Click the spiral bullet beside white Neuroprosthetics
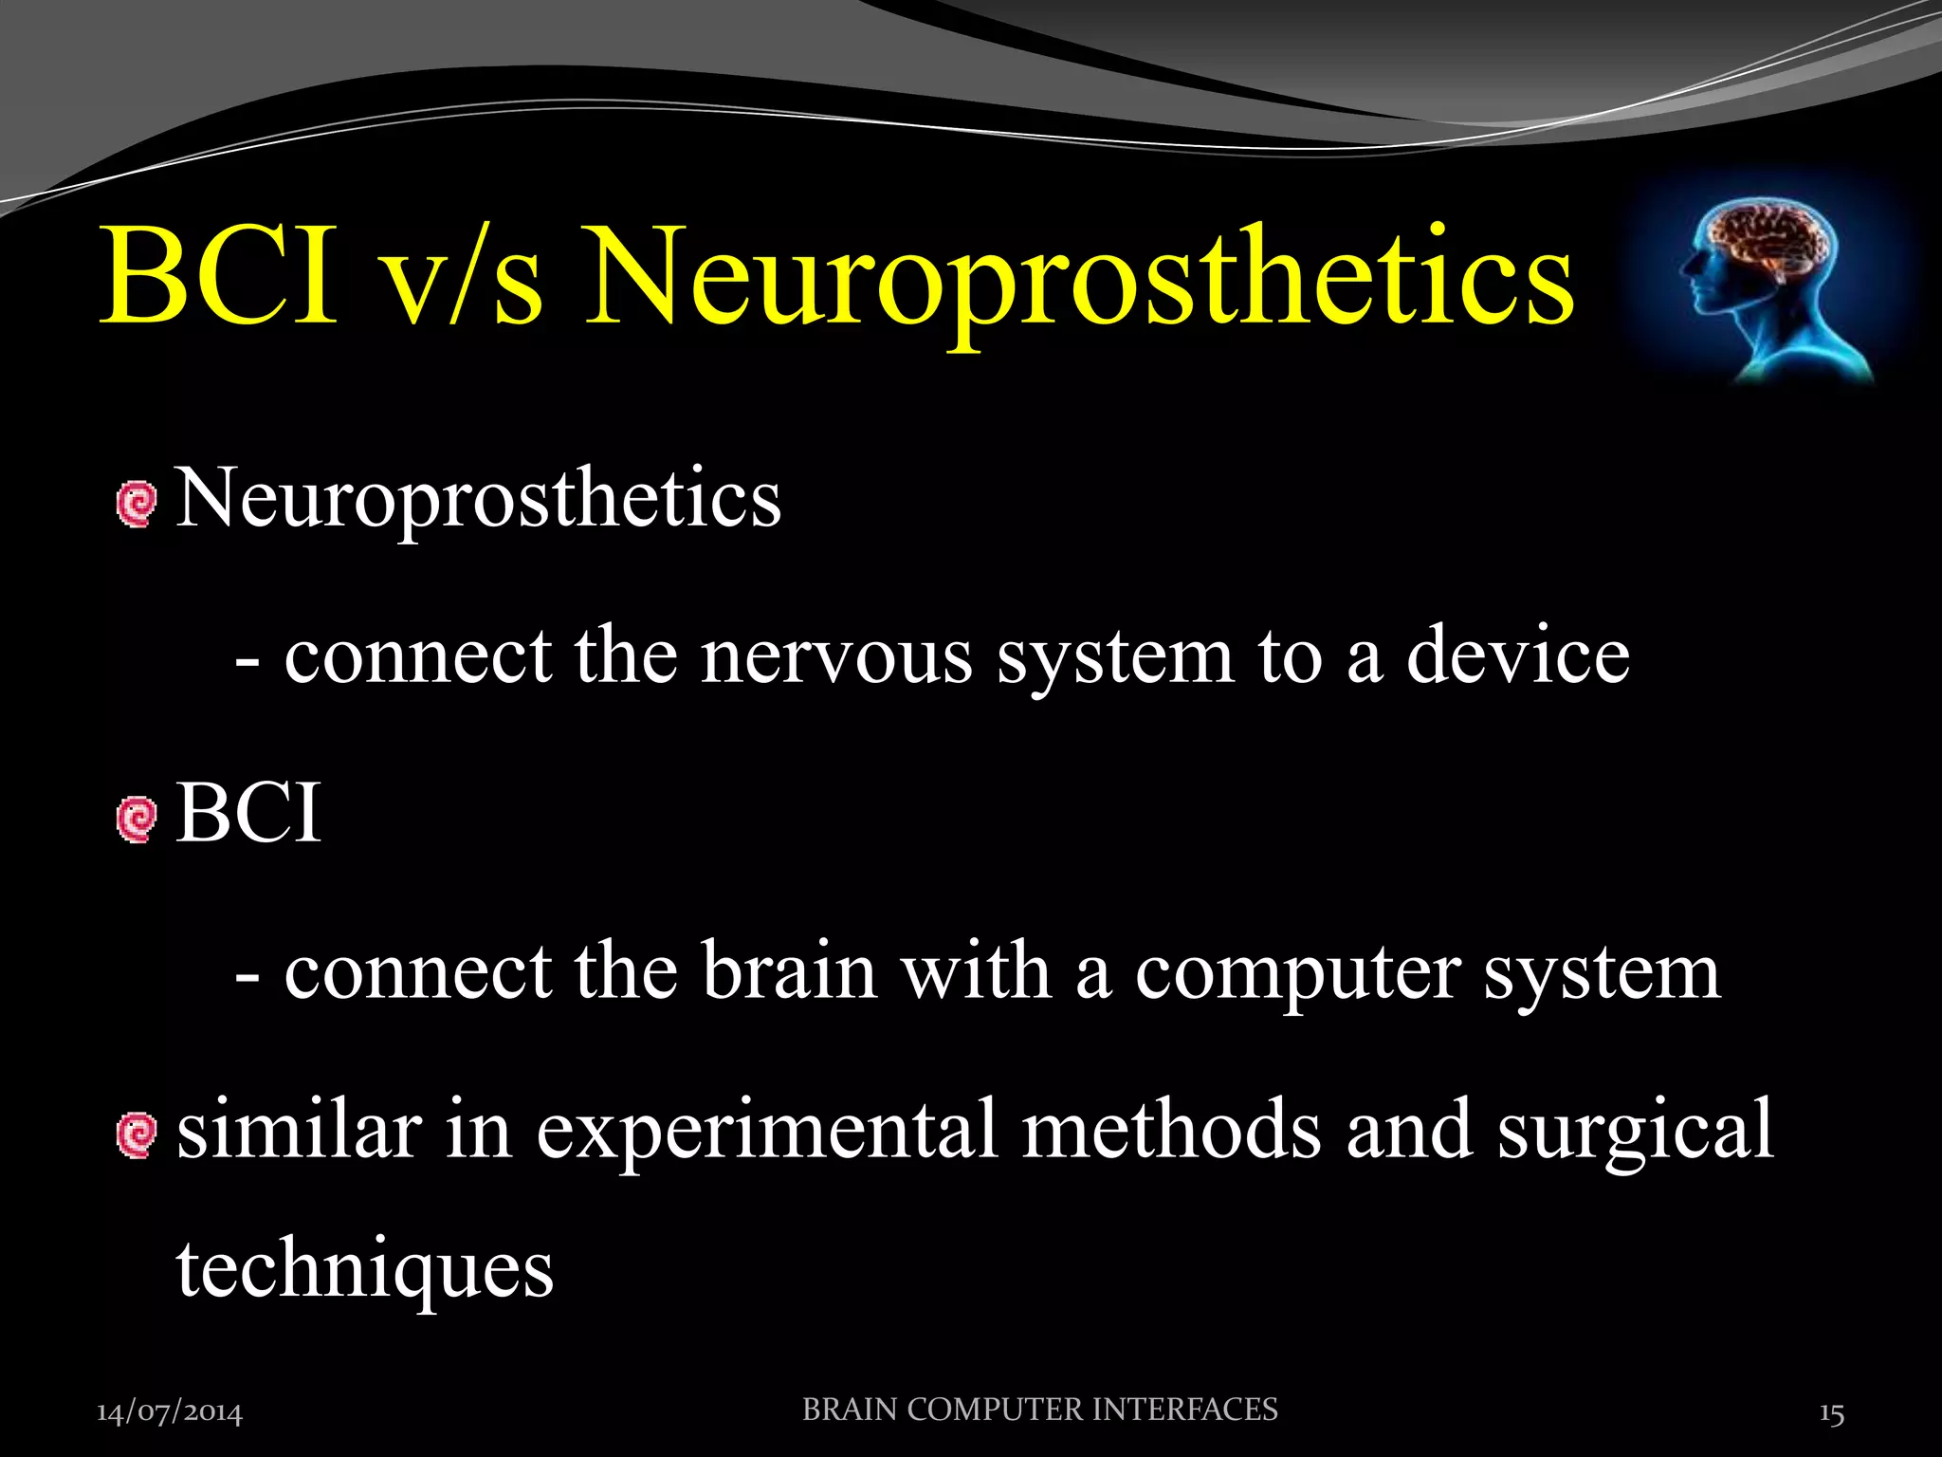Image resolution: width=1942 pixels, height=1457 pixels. tap(137, 503)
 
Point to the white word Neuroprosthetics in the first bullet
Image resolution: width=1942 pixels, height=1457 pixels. tap(479, 499)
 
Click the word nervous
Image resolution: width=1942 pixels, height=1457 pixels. tap(836, 656)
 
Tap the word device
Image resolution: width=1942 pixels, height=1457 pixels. tap(1517, 656)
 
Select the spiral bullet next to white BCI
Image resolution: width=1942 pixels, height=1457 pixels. tap(137, 819)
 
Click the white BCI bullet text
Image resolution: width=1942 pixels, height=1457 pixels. tap(248, 814)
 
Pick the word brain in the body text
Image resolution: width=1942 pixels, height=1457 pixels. tap(789, 971)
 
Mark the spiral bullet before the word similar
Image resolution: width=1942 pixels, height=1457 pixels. tap(137, 1134)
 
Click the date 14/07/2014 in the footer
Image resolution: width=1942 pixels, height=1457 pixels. tap(170, 1413)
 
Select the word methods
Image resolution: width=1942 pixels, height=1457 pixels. tap(1171, 1129)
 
